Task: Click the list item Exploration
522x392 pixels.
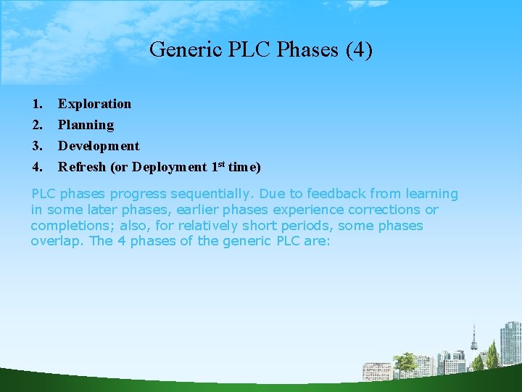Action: (95, 104)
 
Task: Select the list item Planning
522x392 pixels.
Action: (86, 125)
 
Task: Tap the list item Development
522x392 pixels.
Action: (99, 146)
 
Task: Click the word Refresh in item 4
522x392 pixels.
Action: (82, 167)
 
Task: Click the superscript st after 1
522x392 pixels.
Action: (220, 164)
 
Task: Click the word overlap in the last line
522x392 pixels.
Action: (57, 241)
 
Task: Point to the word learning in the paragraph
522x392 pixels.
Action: (430, 194)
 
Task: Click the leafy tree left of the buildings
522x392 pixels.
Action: (405, 363)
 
